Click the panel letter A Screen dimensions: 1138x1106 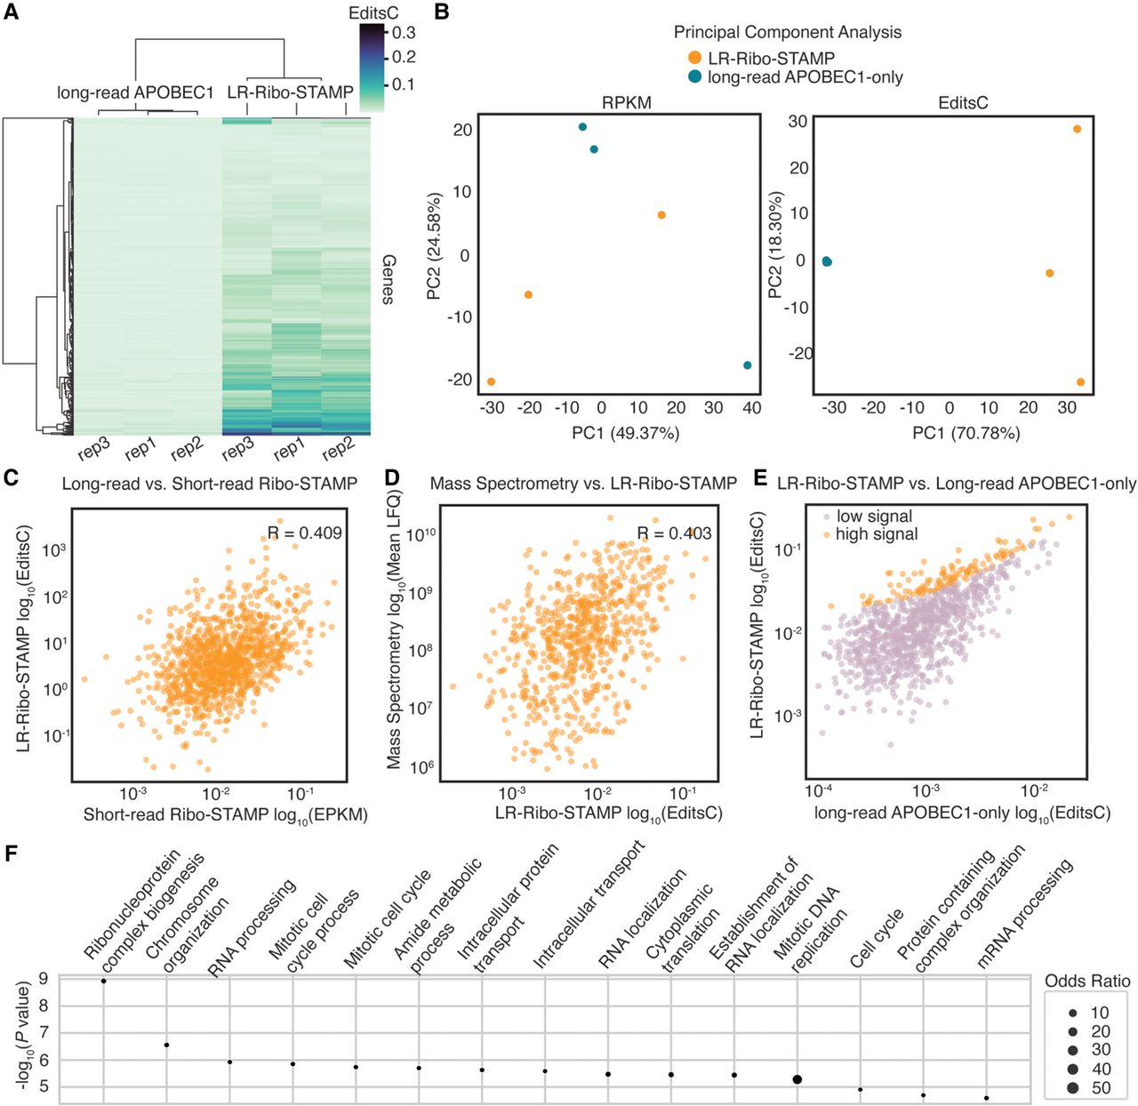click(x=11, y=11)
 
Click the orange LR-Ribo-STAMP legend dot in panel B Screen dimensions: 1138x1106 click(x=694, y=58)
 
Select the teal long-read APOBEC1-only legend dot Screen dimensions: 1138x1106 click(x=694, y=76)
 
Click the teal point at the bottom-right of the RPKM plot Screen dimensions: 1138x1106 click(x=748, y=365)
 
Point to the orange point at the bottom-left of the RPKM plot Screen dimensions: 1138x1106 click(x=492, y=382)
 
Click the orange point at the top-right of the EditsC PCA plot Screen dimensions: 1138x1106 click(x=1077, y=129)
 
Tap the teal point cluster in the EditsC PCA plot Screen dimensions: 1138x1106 click(x=827, y=261)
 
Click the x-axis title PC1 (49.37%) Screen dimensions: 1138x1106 click(x=625, y=433)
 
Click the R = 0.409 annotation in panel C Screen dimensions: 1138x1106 click(x=304, y=533)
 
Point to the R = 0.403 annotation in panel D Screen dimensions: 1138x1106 click(x=674, y=533)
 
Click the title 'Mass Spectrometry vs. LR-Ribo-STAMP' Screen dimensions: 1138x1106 click(x=583, y=483)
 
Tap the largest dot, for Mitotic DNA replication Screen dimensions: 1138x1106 click(x=797, y=1079)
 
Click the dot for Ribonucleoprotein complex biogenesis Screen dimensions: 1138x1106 click(x=103, y=981)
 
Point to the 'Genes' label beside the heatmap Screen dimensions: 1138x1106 click(x=389, y=279)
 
